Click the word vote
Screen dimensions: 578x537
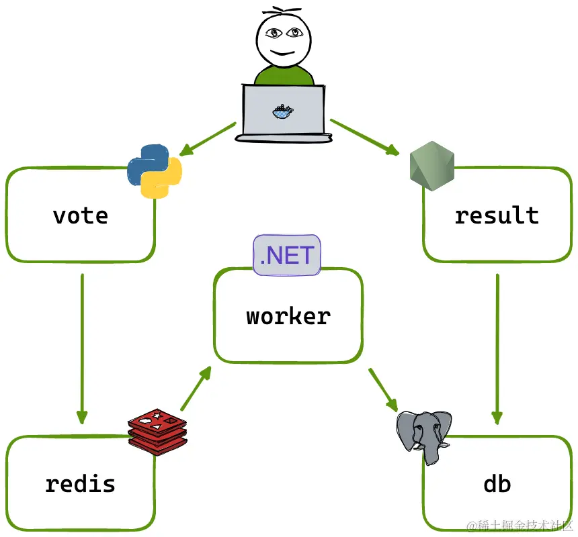click(x=81, y=216)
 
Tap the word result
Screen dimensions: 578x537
click(x=497, y=215)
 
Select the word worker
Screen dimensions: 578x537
click(x=288, y=316)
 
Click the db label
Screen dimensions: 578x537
click(x=497, y=483)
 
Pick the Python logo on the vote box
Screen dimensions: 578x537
click(x=155, y=171)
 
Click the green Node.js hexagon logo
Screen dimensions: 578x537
click(x=432, y=166)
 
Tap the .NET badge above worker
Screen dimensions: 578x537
click(x=287, y=254)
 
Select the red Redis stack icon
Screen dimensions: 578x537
click(x=157, y=432)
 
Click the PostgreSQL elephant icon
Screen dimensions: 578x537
click(x=424, y=436)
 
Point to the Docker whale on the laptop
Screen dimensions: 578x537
click(x=283, y=111)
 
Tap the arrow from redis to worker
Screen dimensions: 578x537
click(x=196, y=388)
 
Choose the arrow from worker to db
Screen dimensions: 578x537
click(x=383, y=389)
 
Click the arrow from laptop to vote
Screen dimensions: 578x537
click(x=208, y=139)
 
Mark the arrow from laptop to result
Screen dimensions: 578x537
click(x=364, y=137)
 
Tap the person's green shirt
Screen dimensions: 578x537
click(x=284, y=75)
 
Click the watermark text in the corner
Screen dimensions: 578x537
click(x=520, y=525)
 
